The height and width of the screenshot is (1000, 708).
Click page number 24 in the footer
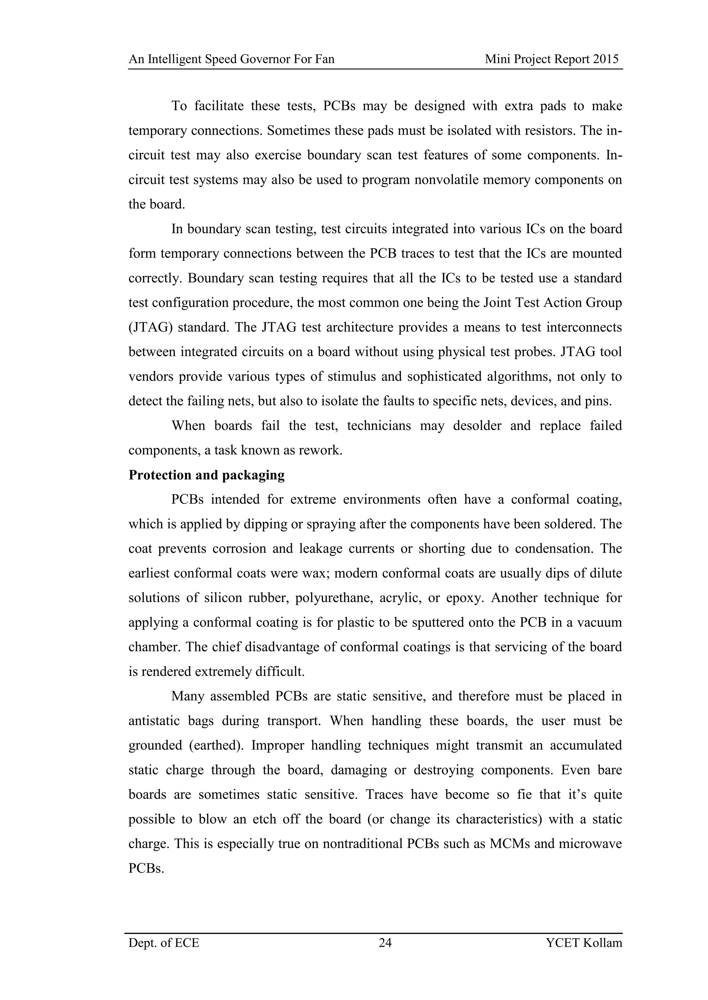[385, 943]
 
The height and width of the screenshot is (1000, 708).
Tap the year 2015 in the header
[606, 59]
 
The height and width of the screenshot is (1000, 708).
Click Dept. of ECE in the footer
[164, 943]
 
